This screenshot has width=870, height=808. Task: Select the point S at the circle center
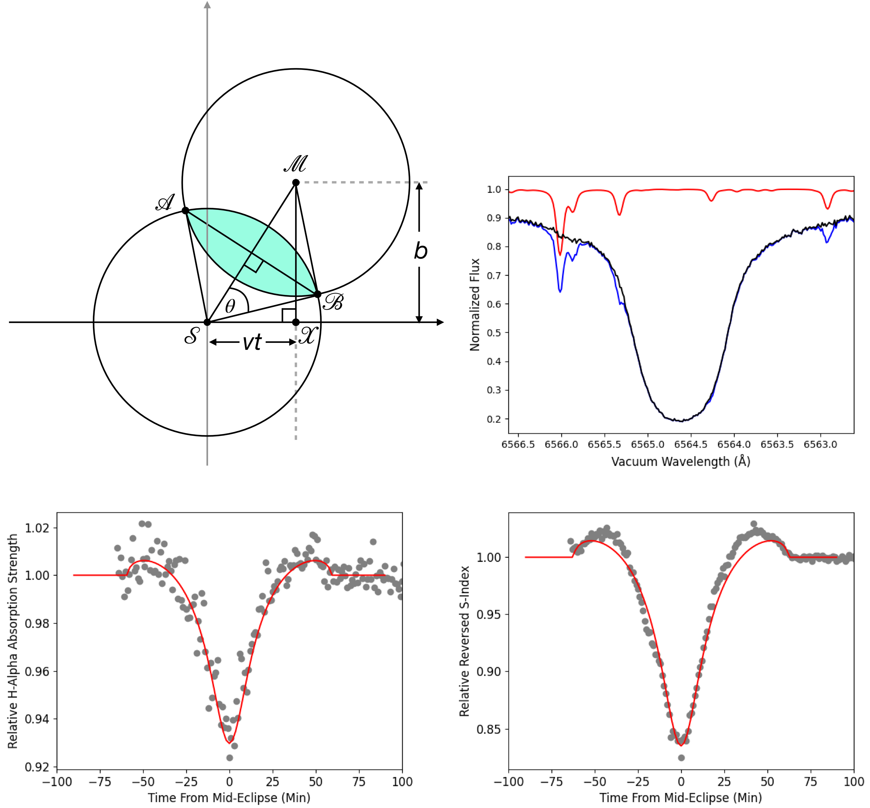(207, 322)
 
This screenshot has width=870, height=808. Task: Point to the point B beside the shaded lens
(318, 294)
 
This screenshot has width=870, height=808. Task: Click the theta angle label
(230, 306)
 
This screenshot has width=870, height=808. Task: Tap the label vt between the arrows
(252, 342)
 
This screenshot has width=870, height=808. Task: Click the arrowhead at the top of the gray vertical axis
(207, 5)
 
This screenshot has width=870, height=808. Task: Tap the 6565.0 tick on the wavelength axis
(648, 445)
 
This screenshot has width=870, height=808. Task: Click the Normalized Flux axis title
(475, 305)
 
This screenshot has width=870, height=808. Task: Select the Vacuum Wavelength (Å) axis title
(681, 462)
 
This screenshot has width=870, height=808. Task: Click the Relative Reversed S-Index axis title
(464, 641)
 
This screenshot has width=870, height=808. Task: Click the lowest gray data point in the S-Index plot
(681, 758)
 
